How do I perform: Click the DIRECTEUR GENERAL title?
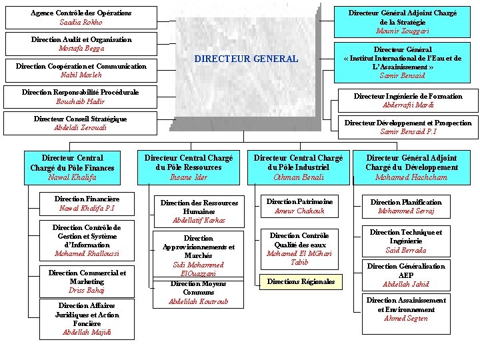click(x=246, y=59)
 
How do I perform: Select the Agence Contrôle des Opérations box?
click(x=81, y=17)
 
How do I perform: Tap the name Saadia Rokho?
click(x=81, y=23)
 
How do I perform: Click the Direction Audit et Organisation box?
click(x=81, y=44)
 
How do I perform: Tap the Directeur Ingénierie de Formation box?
click(x=407, y=101)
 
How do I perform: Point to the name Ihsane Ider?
click(x=189, y=177)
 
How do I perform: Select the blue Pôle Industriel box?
click(x=299, y=167)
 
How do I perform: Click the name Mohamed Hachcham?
click(x=411, y=177)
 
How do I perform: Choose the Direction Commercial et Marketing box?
click(x=87, y=281)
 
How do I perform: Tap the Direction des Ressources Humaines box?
click(x=189, y=211)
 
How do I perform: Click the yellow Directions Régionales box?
click(x=301, y=282)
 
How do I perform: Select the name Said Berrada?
click(x=406, y=251)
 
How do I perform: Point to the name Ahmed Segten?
click(x=406, y=318)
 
